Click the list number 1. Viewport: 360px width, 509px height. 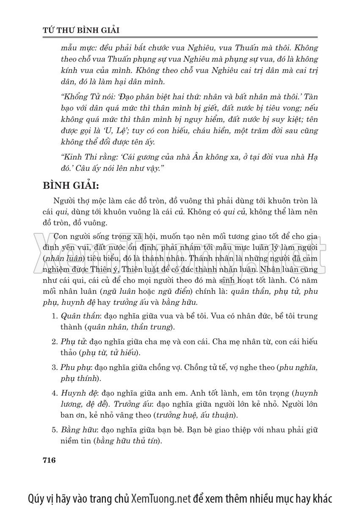tap(54, 316)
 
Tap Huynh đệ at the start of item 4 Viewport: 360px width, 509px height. tap(77, 392)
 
